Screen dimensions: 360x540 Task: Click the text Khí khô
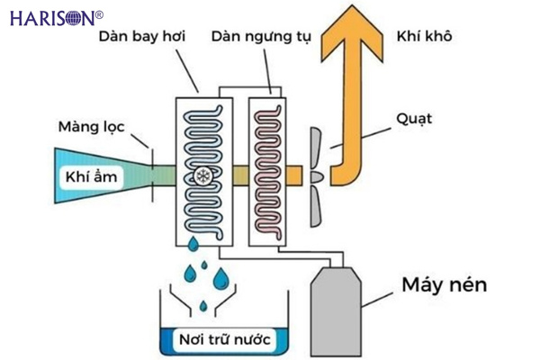pyautogui.click(x=422, y=37)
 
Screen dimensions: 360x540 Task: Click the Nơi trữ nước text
pyautogui.click(x=221, y=339)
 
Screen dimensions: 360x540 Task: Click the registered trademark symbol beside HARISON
pyautogui.click(x=99, y=13)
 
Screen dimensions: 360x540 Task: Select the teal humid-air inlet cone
pyautogui.click(x=108, y=175)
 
